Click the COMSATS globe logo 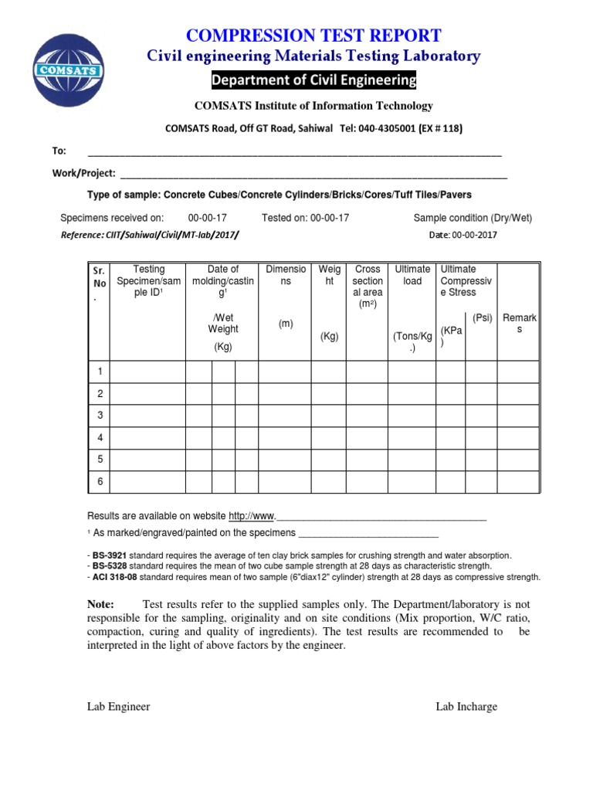69,69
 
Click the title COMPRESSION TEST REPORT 313,35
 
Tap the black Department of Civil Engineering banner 313,81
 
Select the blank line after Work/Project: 313,174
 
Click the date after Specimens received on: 208,219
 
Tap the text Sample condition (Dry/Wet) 473,219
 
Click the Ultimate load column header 412,276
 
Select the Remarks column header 519,324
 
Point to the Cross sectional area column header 368,287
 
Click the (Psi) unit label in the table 483,317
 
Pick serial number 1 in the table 100,372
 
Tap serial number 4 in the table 100,437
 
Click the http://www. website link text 252,516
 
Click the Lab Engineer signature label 118,707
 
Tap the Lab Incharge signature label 466,707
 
